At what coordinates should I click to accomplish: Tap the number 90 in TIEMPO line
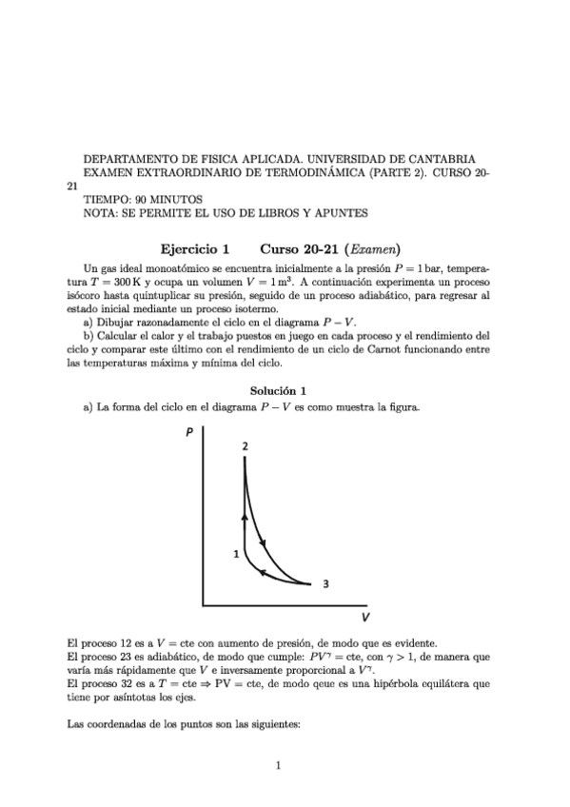(138, 200)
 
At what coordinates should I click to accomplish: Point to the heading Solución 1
(277, 390)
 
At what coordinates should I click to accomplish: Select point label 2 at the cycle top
(246, 445)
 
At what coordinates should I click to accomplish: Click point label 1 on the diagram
(235, 553)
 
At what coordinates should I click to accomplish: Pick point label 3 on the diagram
(325, 584)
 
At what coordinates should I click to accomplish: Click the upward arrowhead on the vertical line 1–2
(246, 516)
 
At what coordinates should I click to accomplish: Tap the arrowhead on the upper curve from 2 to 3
(263, 543)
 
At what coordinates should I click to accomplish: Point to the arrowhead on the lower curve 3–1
(265, 574)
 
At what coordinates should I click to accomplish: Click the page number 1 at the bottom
(277, 763)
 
